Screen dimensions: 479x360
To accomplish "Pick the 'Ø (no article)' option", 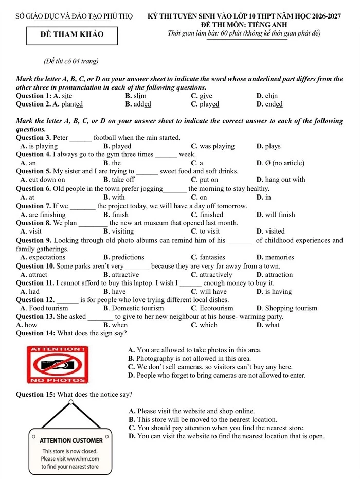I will tap(284, 163).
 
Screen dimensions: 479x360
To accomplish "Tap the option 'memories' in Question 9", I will tap(280, 257).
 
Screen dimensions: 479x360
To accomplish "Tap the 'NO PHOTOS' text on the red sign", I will tap(58, 380).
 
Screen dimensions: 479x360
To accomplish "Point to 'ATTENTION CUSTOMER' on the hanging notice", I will tap(71, 440).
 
